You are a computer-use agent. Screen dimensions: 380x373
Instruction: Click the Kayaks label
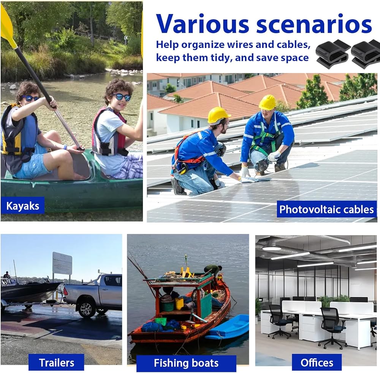(22, 206)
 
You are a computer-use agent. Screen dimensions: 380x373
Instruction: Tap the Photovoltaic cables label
(326, 209)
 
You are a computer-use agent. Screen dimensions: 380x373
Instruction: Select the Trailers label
(56, 363)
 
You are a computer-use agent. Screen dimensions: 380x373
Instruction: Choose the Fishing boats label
(186, 363)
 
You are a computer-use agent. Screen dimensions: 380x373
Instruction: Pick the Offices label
(317, 363)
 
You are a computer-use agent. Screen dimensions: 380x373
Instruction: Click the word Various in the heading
(203, 24)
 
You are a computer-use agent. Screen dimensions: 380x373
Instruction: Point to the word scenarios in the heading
(314, 24)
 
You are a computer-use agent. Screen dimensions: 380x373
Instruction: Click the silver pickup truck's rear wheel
(85, 309)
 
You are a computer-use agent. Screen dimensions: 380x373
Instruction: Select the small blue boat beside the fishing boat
(228, 327)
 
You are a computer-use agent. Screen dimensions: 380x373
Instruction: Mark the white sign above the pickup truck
(62, 263)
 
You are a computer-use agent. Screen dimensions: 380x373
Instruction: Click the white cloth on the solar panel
(250, 180)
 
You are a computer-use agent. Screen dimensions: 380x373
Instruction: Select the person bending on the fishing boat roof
(213, 271)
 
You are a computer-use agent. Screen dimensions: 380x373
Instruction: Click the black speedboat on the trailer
(30, 291)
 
